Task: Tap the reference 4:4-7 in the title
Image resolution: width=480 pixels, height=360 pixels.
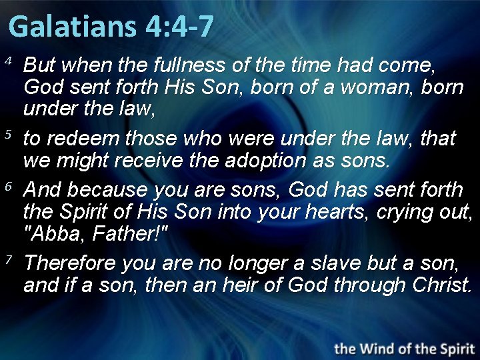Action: tap(178, 27)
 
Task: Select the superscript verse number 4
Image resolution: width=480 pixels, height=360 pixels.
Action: tap(9, 62)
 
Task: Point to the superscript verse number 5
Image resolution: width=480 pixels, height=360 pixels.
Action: tap(9, 135)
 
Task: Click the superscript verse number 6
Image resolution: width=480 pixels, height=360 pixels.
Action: tap(9, 187)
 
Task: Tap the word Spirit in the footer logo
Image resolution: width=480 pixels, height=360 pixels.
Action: tap(451, 348)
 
